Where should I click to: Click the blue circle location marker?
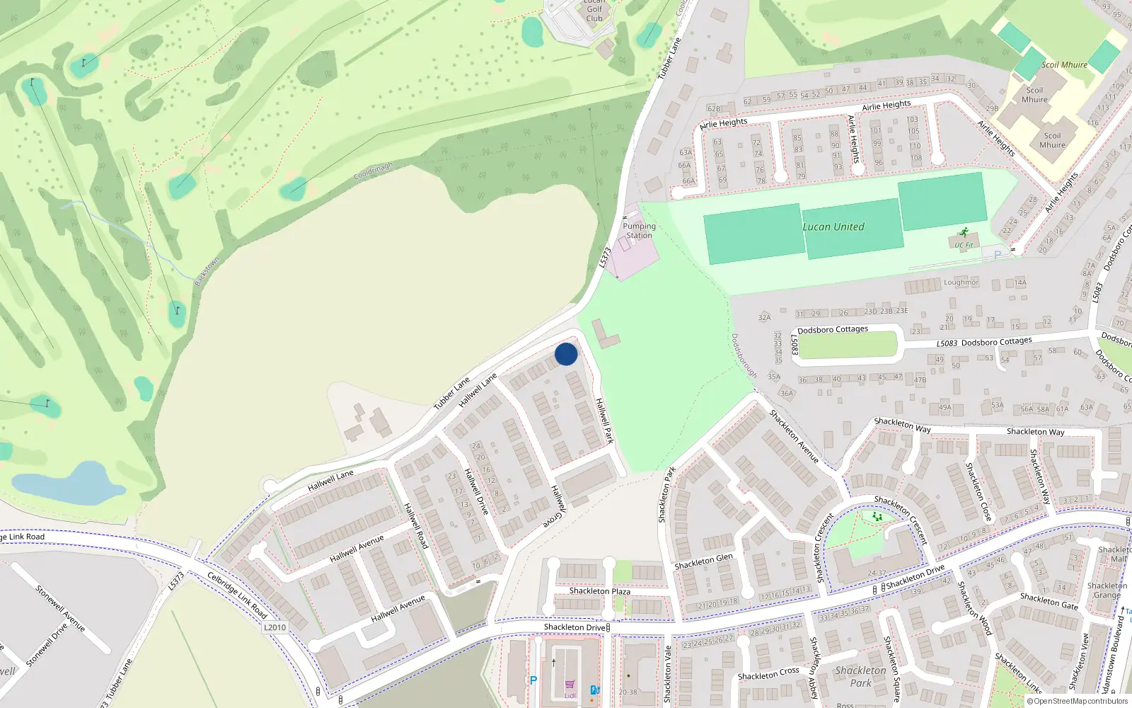[x=566, y=354]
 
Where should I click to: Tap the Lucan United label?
[x=833, y=227]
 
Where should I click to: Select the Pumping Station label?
[x=639, y=231]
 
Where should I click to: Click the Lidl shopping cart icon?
[x=570, y=685]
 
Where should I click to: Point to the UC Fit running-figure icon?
[x=964, y=232]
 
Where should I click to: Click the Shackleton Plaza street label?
[x=599, y=591]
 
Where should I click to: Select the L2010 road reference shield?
[x=275, y=627]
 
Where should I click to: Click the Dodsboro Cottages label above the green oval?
[x=832, y=330]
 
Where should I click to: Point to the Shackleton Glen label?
[x=703, y=561]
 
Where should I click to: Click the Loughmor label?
[x=961, y=282]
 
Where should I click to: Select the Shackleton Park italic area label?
[x=860, y=676]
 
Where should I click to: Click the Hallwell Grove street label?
[x=555, y=506]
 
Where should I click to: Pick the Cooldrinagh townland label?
[x=373, y=171]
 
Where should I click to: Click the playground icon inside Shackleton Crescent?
[x=878, y=517]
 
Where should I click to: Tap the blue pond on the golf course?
[x=69, y=484]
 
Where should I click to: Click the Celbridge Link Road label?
[x=237, y=595]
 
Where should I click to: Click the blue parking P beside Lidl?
[x=533, y=680]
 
